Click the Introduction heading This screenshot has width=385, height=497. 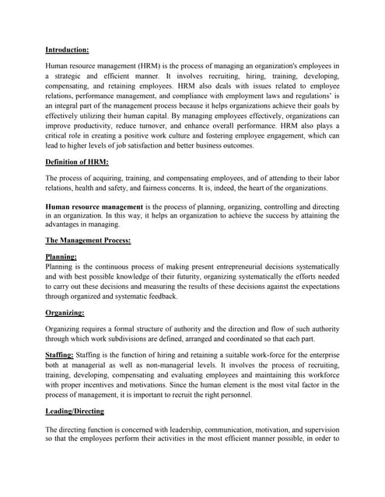point(67,50)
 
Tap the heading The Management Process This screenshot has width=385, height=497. point(88,241)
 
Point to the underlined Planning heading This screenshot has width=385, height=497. point(61,255)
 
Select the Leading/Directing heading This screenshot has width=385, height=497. point(75,411)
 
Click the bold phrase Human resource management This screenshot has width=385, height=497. point(94,207)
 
